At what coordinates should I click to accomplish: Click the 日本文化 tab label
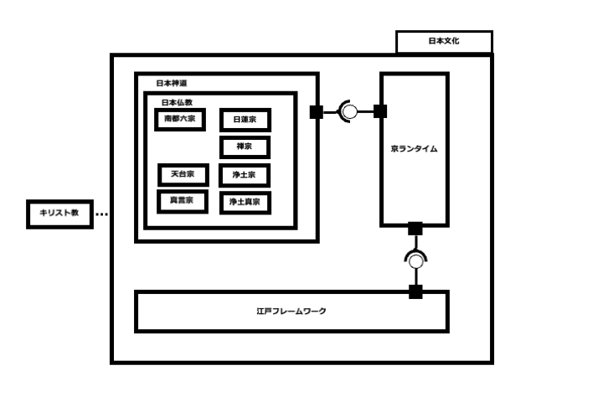click(444, 41)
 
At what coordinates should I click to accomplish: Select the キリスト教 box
click(59, 214)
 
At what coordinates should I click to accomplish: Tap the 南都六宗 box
click(179, 119)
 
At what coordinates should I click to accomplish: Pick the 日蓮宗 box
click(245, 121)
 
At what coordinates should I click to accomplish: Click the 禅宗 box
click(245, 147)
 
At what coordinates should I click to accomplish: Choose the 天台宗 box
click(183, 175)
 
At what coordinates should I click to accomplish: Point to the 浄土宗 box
click(245, 175)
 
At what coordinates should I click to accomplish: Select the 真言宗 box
click(183, 201)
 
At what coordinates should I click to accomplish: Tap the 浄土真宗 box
click(245, 202)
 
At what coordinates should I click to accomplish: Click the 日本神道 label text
click(172, 84)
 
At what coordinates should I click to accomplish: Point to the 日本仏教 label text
click(177, 102)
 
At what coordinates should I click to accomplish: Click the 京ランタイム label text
click(414, 149)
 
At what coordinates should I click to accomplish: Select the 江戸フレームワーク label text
click(291, 311)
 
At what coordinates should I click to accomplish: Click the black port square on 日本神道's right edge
click(317, 111)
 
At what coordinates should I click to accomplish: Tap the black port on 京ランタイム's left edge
click(380, 111)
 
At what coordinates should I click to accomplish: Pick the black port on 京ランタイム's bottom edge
click(415, 228)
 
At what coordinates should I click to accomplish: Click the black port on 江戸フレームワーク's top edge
click(415, 291)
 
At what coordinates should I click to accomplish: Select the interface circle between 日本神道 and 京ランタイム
click(349, 111)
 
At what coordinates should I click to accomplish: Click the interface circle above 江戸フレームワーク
click(415, 261)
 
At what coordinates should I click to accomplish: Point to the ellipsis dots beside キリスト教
click(101, 214)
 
